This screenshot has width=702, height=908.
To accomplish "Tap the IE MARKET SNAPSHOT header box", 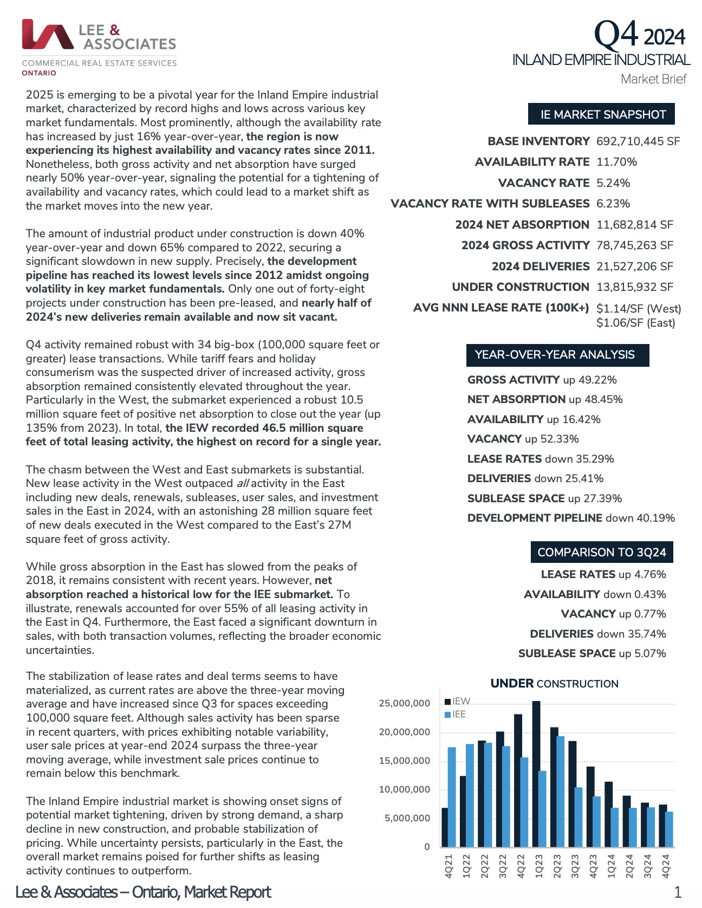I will click(x=601, y=114).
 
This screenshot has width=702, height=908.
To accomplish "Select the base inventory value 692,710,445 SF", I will click(x=638, y=141).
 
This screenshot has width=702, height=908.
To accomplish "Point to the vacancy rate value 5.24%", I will click(x=613, y=183).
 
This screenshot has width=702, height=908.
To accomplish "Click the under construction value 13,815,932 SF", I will click(x=635, y=287).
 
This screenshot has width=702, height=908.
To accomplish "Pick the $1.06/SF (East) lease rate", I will click(x=636, y=323).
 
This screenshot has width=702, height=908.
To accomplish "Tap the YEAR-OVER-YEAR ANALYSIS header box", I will click(x=557, y=355).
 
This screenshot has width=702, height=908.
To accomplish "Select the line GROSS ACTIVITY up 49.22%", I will click(x=542, y=380).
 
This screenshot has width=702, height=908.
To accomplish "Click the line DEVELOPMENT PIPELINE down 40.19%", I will click(x=571, y=518).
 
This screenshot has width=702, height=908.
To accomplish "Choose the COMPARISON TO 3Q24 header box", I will click(x=601, y=552).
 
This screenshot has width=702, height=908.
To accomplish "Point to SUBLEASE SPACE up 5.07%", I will click(x=592, y=653).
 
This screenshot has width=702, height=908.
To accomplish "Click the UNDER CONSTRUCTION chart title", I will click(x=554, y=684).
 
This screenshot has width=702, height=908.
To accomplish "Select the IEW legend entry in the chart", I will click(x=458, y=702).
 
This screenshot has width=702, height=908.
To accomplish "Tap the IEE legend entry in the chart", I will click(x=456, y=715).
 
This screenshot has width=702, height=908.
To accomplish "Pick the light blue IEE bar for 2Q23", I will click(x=561, y=791).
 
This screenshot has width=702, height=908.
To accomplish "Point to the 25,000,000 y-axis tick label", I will click(x=404, y=703).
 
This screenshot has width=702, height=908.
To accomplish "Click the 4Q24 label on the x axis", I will click(x=666, y=866).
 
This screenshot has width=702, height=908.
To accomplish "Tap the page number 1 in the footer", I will click(x=677, y=892).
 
